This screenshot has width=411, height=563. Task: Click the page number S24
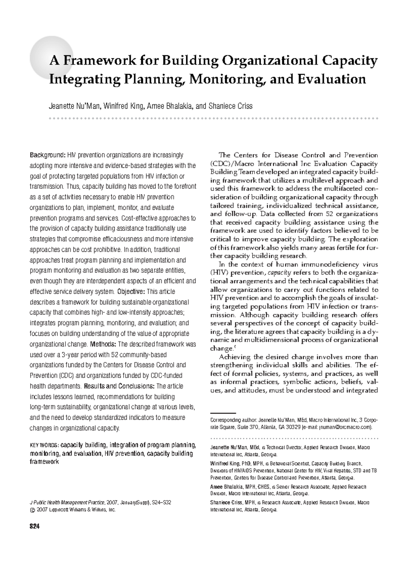pyautogui.click(x=35, y=527)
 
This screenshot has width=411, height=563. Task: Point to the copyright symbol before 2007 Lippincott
pyautogui.click(x=33, y=510)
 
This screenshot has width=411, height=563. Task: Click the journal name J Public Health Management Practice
pyautogui.click(x=67, y=502)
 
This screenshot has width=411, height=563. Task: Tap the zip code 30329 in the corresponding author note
pyautogui.click(x=293, y=427)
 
